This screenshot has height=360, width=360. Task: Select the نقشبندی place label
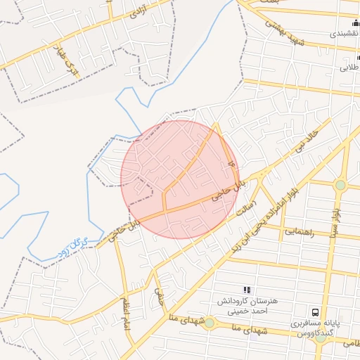click(346, 33)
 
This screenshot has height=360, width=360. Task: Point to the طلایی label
click(349, 68)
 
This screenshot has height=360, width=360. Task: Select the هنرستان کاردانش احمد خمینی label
click(250, 305)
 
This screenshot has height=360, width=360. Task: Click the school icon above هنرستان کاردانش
click(246, 290)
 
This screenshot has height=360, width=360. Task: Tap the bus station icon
click(315, 311)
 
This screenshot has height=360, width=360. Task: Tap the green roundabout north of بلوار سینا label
click(341, 185)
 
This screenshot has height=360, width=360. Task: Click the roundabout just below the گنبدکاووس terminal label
click(321, 338)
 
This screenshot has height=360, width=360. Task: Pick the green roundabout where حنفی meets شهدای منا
click(210, 322)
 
